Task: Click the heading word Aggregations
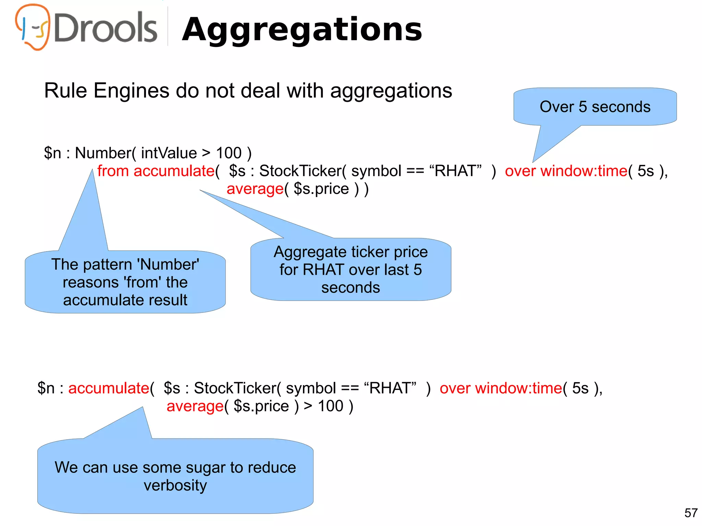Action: coord(302,30)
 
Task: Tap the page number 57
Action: coord(691,513)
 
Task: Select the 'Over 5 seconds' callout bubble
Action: coord(595,107)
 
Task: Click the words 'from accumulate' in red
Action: coord(156,171)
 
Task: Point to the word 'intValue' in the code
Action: coord(169,153)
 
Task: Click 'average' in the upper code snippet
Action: coord(255,189)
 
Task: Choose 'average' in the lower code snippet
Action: coord(195,406)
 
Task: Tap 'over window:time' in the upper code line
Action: coord(566,171)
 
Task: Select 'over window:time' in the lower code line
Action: coord(501,388)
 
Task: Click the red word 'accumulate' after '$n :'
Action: coord(109,388)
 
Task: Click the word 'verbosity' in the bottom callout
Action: coord(175,486)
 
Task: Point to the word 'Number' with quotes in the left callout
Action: coord(168,265)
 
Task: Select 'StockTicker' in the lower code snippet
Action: coord(235,388)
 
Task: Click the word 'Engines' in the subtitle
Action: coord(132,91)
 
